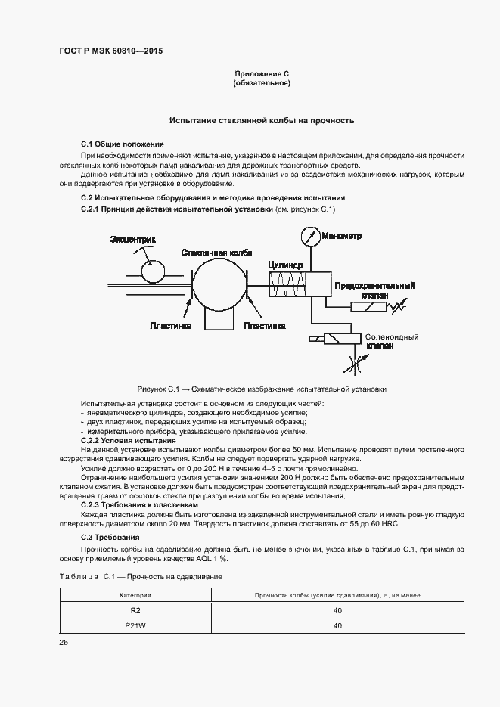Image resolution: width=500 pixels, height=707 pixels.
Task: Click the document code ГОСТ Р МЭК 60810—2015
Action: click(111, 51)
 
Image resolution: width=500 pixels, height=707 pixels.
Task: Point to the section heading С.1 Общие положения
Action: click(122, 144)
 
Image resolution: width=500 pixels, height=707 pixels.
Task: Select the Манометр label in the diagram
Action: click(341, 236)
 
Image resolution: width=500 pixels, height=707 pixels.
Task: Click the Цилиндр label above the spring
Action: click(285, 265)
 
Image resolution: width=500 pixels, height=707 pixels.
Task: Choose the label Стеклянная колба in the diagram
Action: click(216, 253)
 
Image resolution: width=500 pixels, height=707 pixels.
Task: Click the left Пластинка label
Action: click(171, 325)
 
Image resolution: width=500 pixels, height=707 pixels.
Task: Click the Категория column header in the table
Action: click(139, 595)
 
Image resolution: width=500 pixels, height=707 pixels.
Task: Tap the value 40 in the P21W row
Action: click(337, 625)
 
